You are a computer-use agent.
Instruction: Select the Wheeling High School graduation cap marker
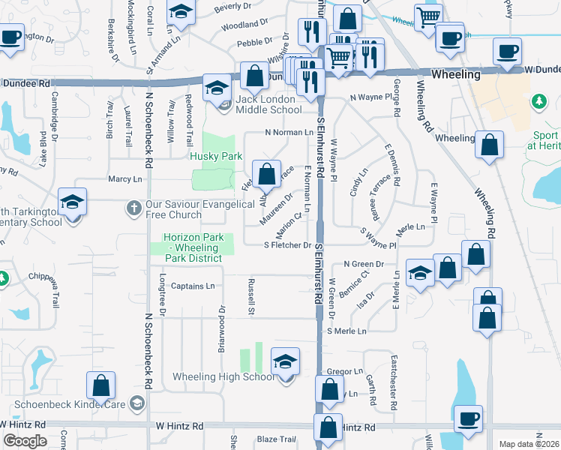(x=286, y=362)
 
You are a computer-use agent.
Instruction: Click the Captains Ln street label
(x=193, y=286)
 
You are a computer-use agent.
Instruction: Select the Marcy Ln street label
(x=124, y=179)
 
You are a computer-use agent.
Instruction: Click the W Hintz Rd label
(x=180, y=425)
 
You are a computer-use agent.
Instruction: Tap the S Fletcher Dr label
(x=287, y=245)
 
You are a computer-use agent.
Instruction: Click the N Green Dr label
(x=364, y=264)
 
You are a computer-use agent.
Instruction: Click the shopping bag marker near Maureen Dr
(x=266, y=175)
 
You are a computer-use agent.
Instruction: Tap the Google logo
(x=25, y=441)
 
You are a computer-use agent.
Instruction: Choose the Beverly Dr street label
(x=232, y=7)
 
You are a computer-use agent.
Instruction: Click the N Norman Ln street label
(x=288, y=132)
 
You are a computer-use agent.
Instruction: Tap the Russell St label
(x=252, y=296)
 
